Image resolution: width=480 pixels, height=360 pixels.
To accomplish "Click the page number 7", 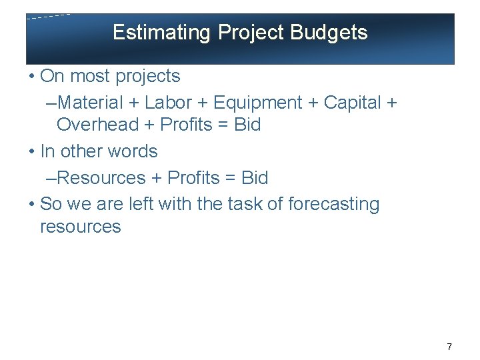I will tap(449, 347).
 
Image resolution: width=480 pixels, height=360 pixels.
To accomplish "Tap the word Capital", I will tap(352, 103).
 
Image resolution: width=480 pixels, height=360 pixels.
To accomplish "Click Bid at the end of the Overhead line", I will tap(247, 125).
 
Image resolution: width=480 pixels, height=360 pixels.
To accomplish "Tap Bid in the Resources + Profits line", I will tap(254, 178).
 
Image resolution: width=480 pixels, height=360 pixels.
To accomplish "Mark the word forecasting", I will tap(333, 204).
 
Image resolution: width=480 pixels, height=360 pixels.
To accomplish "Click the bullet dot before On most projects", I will tap(32, 77).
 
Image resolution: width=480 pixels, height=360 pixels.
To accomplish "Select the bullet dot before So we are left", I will tap(32, 204).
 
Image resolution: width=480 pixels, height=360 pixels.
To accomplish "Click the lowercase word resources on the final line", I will tap(81, 227).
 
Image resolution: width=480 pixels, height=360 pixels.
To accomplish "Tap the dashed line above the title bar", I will tap(48, 17).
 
